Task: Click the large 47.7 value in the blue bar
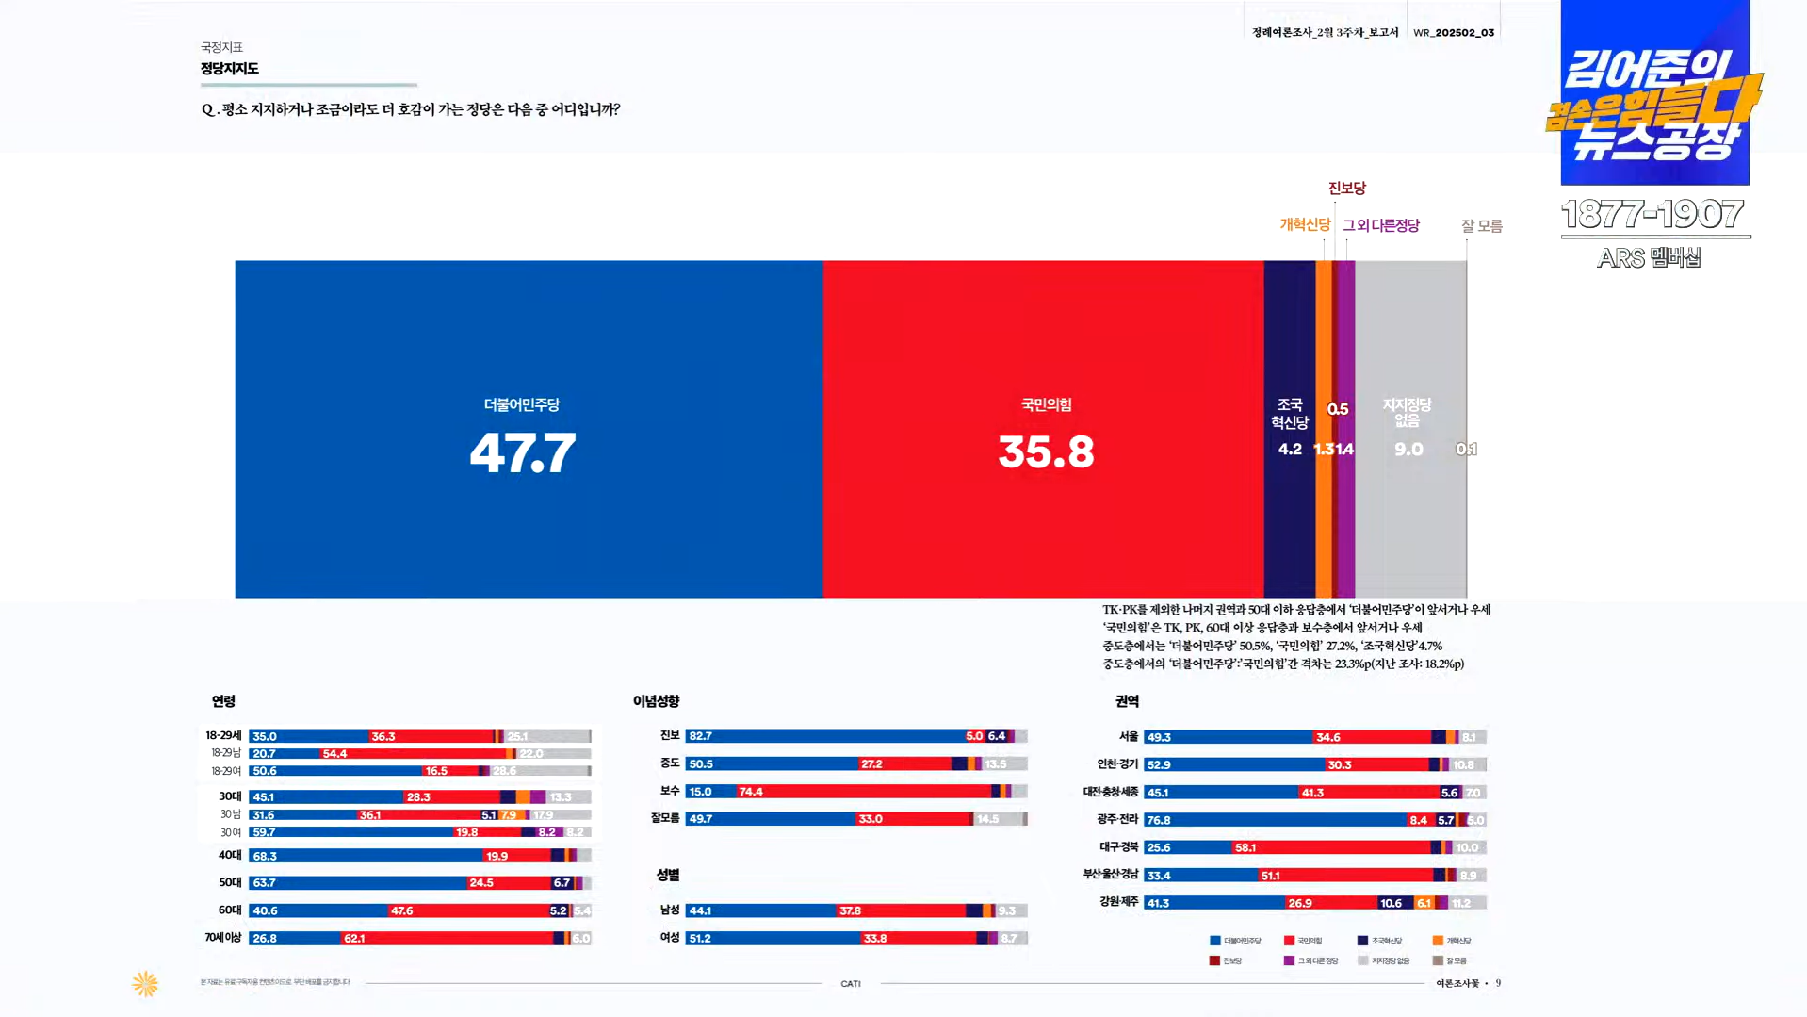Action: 522,453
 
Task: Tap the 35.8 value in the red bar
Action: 1046,452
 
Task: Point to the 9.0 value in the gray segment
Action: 1408,450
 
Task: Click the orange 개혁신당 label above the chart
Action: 1305,224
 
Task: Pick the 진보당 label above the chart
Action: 1346,189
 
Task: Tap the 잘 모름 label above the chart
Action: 1481,226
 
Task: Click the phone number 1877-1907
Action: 1652,215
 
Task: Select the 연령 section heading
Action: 223,701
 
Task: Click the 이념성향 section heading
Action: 656,701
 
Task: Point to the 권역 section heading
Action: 1127,701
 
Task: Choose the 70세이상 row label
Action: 223,938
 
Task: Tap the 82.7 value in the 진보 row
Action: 700,736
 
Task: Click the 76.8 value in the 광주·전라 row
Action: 1158,820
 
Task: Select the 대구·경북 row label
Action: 1118,847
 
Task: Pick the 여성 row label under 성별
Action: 669,938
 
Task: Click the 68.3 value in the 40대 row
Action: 265,857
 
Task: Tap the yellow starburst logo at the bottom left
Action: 145,984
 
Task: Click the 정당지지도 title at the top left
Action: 229,69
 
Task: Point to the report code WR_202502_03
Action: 1453,33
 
